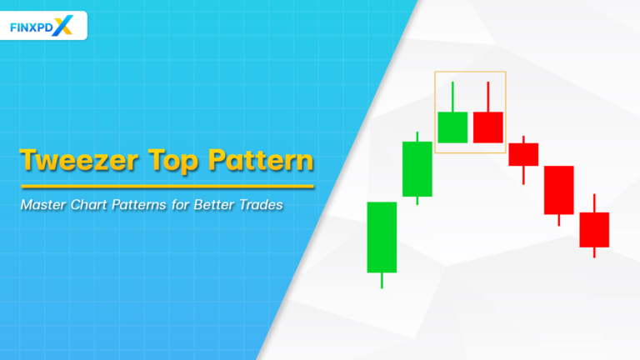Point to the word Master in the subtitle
(x=45, y=203)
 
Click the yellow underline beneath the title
(x=167, y=186)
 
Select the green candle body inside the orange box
(x=452, y=127)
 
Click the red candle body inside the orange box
(x=488, y=127)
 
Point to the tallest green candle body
(x=382, y=237)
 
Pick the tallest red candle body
(x=558, y=190)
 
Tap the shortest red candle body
(x=523, y=154)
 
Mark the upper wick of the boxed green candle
(x=452, y=96)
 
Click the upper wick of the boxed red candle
(x=488, y=96)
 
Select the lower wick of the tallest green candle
(x=382, y=280)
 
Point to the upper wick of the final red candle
(x=594, y=203)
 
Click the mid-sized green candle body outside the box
(x=417, y=169)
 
